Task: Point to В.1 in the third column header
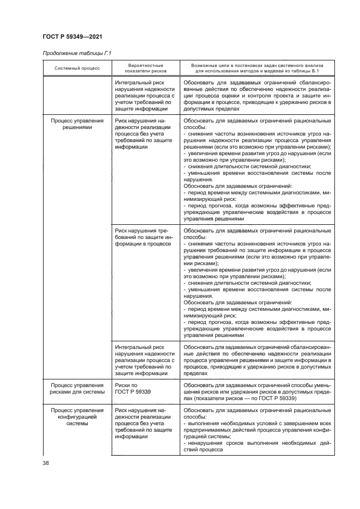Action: [314, 71]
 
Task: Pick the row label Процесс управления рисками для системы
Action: [76, 389]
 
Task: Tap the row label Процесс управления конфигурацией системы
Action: [76, 417]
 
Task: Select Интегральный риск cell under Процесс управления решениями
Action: [144, 360]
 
